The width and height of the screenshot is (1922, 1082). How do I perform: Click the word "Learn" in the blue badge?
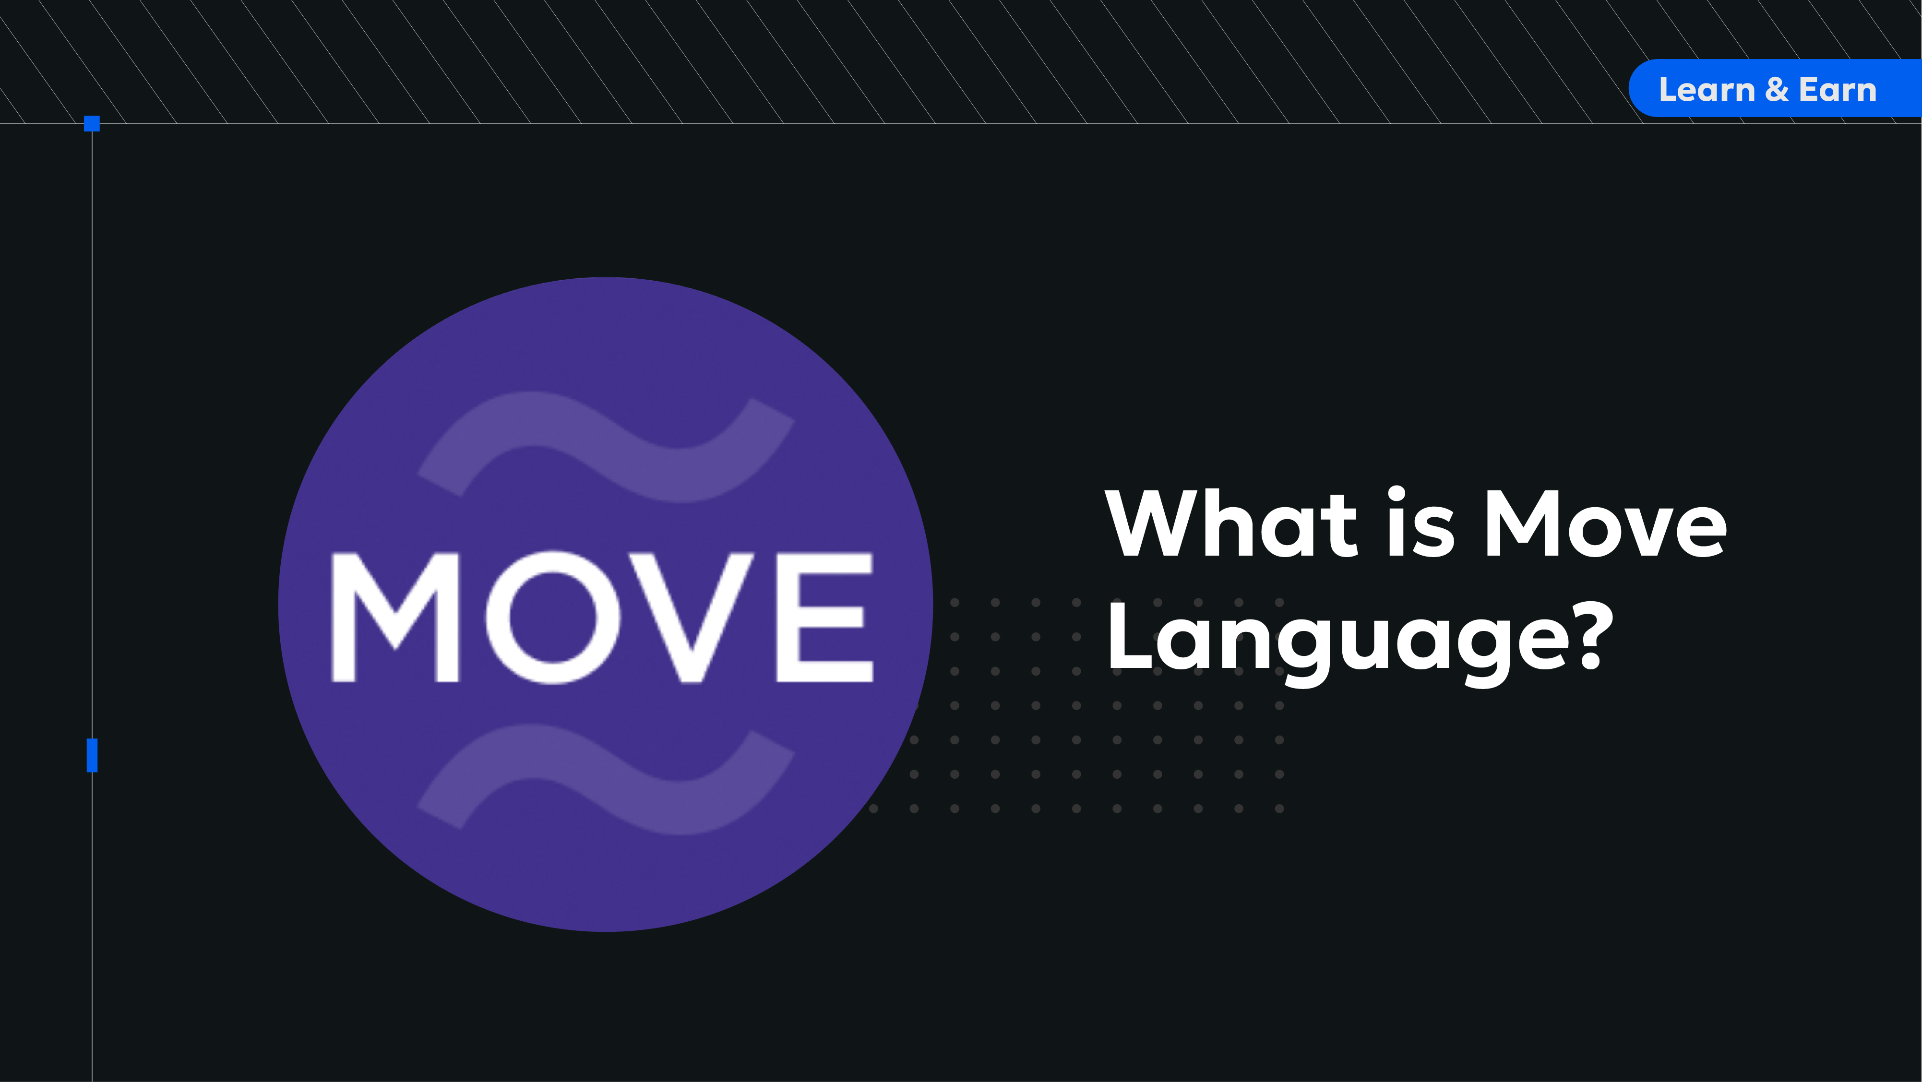(1707, 90)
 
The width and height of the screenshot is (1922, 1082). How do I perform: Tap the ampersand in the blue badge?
(1777, 90)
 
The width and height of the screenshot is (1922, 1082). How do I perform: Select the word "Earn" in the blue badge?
(1838, 90)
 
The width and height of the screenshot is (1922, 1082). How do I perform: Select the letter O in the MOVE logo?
(553, 617)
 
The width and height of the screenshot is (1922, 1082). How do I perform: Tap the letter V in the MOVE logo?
(692, 617)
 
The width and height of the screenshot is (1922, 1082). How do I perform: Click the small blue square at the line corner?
(92, 123)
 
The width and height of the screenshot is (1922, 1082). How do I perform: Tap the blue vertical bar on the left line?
(92, 755)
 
